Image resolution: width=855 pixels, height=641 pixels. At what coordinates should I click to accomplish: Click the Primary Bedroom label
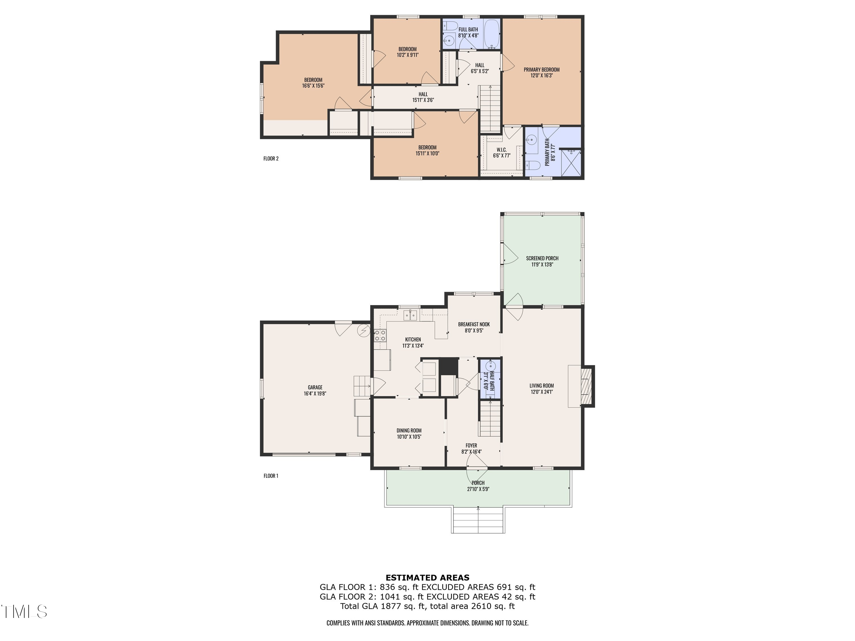coord(541,70)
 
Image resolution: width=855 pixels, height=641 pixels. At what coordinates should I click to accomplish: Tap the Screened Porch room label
coord(542,258)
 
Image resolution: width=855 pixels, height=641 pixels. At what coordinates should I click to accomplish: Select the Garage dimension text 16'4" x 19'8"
coord(315,394)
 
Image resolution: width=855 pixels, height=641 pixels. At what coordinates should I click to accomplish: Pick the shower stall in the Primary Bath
coord(571,163)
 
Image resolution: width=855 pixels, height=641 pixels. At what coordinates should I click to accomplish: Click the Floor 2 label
coord(271,158)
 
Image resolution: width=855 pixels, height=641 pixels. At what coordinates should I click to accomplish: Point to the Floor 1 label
coord(271,476)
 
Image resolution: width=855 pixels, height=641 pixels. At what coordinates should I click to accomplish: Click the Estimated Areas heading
coord(427,578)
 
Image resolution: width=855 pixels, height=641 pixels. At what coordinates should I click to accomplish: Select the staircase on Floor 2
coord(490,109)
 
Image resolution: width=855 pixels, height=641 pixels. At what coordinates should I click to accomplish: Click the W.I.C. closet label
coord(501,150)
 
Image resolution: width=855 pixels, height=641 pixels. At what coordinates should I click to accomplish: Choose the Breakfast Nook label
coord(474,324)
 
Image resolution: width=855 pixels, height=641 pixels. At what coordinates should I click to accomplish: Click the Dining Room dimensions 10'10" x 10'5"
coord(409,437)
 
